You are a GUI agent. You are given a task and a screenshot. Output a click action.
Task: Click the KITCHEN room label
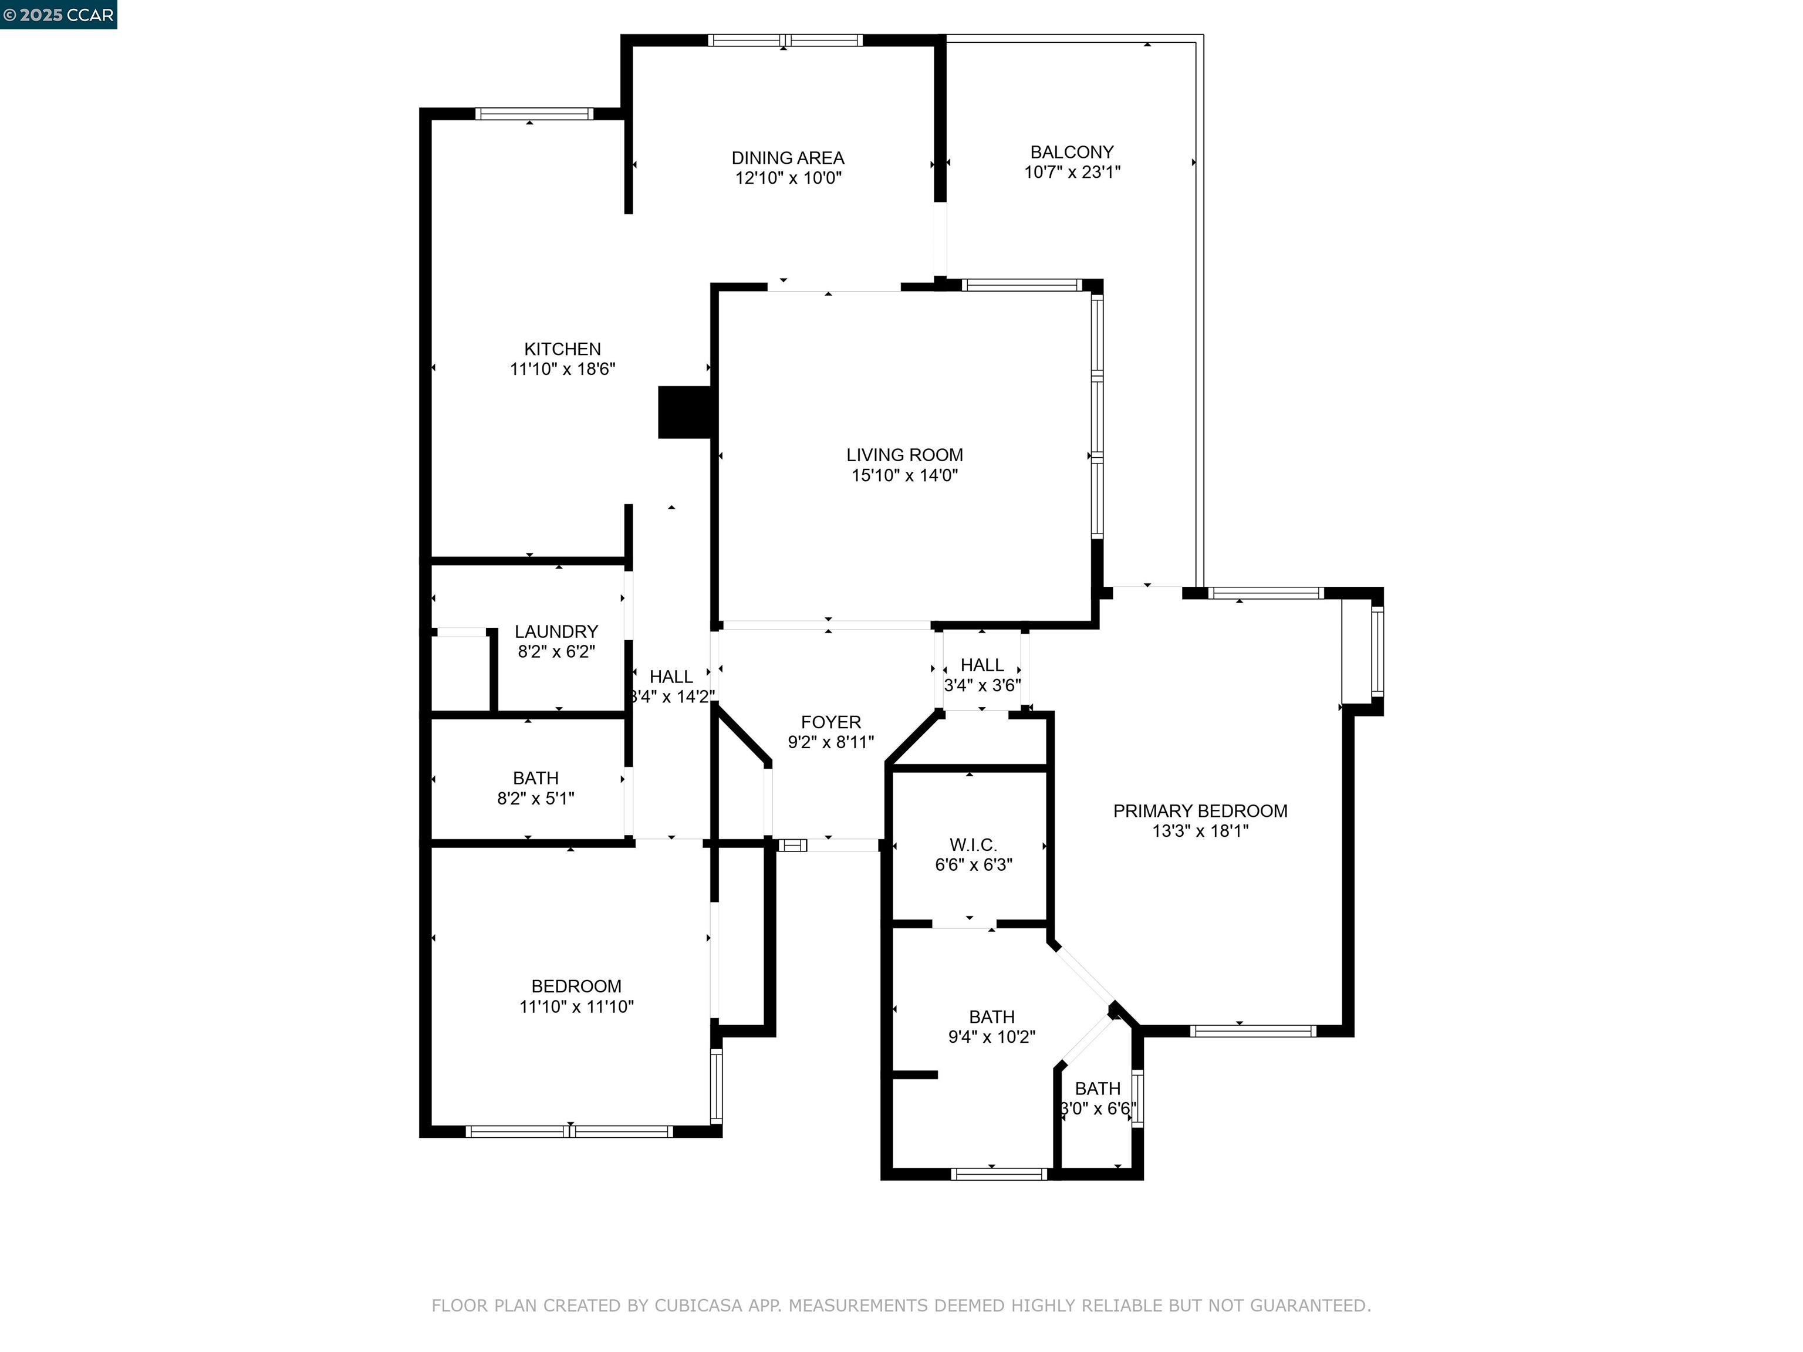[x=562, y=349]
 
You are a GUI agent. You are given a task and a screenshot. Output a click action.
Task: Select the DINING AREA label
[x=788, y=158]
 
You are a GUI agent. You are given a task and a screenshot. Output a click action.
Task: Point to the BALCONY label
[x=1071, y=153]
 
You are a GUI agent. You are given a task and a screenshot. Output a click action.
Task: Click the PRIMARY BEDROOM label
[x=1200, y=811]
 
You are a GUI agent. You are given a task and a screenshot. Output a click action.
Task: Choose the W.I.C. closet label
[x=973, y=845]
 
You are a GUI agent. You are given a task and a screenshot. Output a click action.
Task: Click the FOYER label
[x=830, y=722]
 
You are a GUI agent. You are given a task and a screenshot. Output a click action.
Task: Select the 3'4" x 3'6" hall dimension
[x=981, y=685]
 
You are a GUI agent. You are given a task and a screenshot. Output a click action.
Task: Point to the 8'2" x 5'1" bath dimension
[x=535, y=799]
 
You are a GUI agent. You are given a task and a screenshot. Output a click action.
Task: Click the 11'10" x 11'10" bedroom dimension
[x=576, y=1006]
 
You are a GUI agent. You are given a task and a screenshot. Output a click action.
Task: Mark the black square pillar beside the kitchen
[x=685, y=413]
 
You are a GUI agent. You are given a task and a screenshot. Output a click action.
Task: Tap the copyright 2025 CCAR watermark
[x=58, y=15]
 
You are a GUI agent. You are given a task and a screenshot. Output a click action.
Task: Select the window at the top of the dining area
[x=784, y=40]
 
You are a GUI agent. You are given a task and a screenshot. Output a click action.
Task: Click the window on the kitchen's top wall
[x=534, y=114]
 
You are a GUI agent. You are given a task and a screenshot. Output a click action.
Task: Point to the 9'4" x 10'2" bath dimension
[x=991, y=1037]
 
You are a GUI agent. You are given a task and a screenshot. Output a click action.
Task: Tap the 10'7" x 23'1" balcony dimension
[x=1071, y=172]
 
